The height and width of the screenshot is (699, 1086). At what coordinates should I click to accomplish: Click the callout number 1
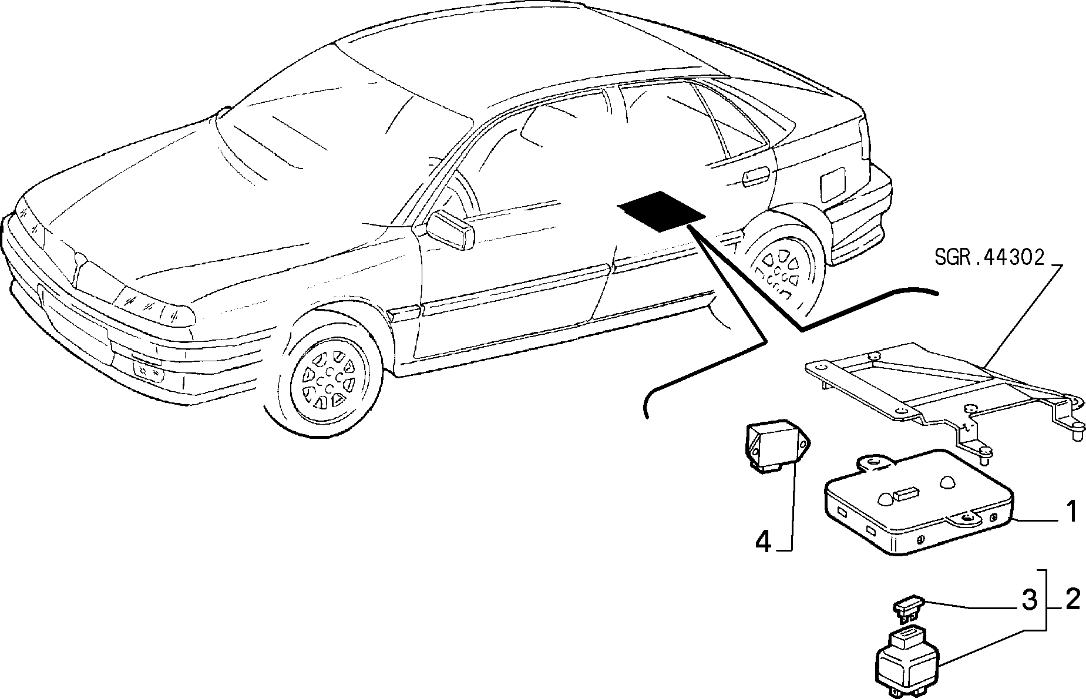1071,512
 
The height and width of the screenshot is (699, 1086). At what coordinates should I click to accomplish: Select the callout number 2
1072,599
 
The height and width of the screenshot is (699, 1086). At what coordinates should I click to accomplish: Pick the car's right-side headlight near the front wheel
156,306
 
